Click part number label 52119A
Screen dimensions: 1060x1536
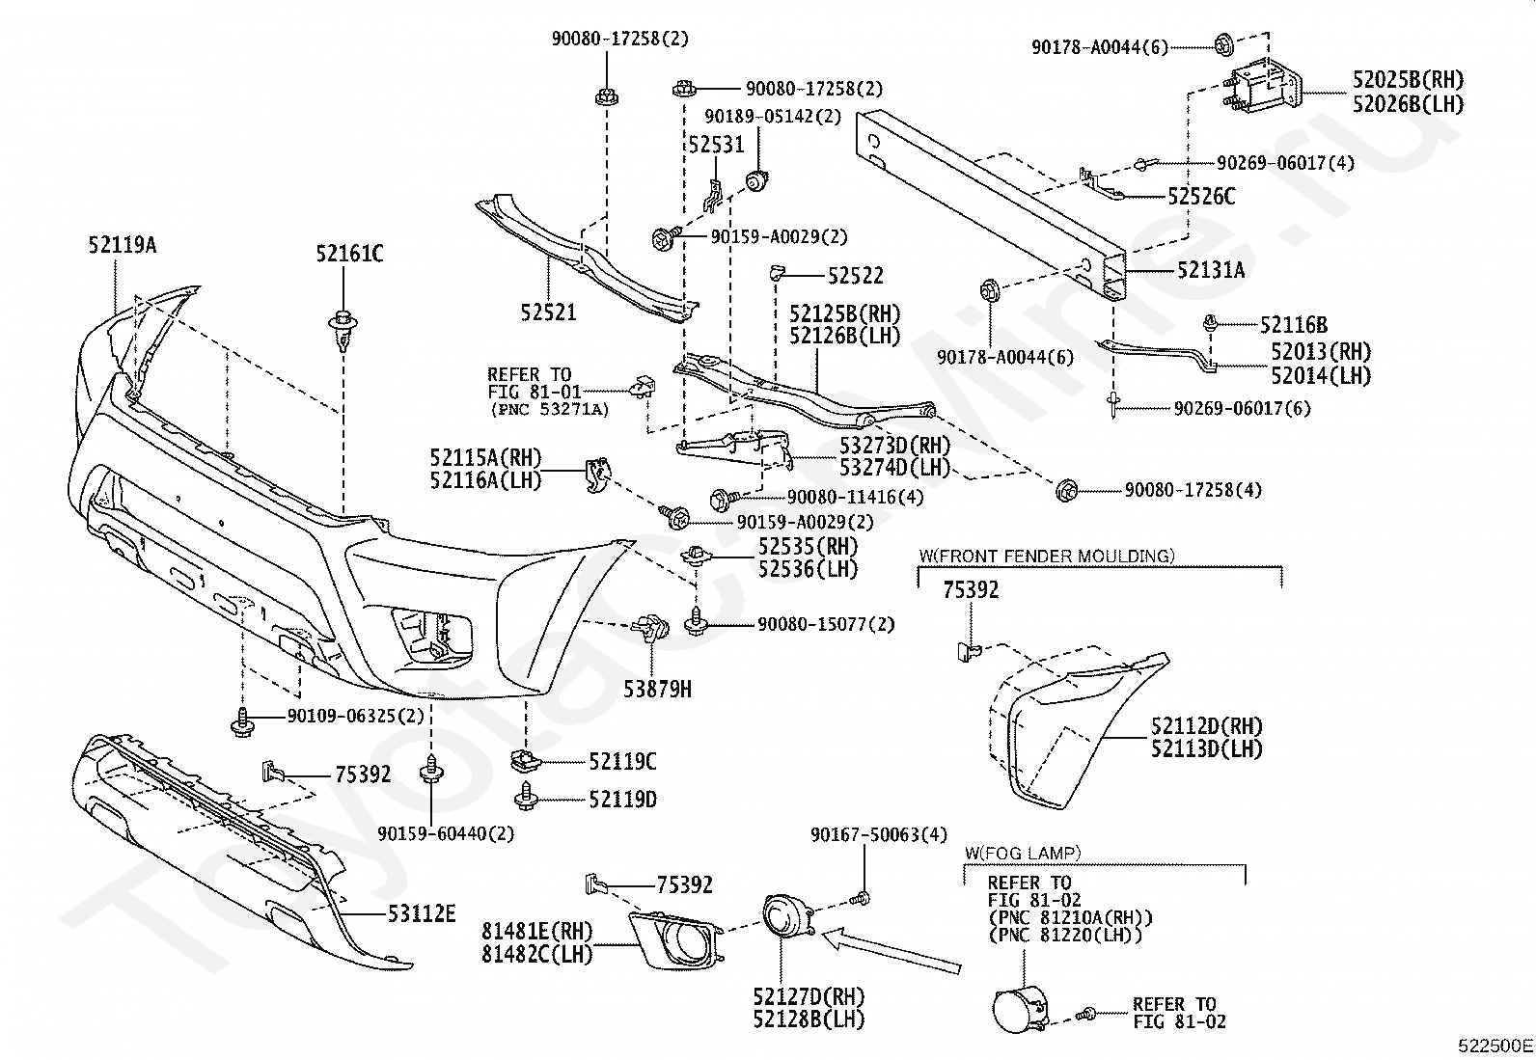click(x=122, y=246)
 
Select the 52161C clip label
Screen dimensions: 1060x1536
click(x=348, y=255)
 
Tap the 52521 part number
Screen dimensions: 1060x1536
click(x=548, y=313)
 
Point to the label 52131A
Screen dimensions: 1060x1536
click(x=1210, y=271)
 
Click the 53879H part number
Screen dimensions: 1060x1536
click(x=657, y=689)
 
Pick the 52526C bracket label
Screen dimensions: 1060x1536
click(x=1200, y=197)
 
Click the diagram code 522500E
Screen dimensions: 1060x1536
click(x=1495, y=1045)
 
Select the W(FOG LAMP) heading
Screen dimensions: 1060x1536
click(x=1023, y=854)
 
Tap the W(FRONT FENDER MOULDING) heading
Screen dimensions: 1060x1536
click(x=1046, y=556)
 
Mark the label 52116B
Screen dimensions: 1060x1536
click(x=1293, y=326)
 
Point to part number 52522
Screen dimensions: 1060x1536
click(x=855, y=277)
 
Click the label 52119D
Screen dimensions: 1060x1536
click(x=622, y=799)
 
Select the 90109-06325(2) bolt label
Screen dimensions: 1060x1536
click(x=355, y=717)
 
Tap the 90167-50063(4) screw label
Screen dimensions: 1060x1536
click(x=879, y=834)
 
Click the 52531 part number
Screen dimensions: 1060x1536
click(x=716, y=145)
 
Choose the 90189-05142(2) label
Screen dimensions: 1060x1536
click(x=772, y=117)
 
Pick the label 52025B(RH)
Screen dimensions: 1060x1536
click(x=1408, y=79)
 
